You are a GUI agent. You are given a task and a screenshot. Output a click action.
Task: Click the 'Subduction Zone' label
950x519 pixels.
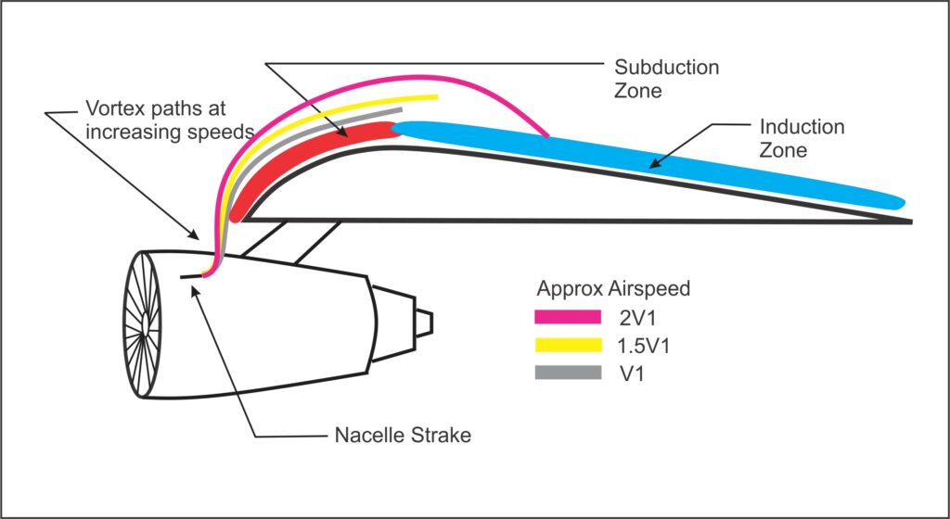pyautogui.click(x=667, y=81)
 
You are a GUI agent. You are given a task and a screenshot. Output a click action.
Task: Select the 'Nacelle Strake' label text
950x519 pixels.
pyautogui.click(x=402, y=435)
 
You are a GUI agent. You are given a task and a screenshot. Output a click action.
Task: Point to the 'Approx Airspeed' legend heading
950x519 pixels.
pyautogui.click(x=613, y=288)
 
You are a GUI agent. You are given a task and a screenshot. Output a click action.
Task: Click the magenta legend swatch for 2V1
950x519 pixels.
pyautogui.click(x=567, y=318)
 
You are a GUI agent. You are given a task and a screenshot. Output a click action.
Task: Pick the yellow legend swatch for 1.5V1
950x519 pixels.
pyautogui.click(x=567, y=346)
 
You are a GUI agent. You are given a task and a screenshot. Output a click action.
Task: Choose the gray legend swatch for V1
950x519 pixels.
pyautogui.click(x=567, y=373)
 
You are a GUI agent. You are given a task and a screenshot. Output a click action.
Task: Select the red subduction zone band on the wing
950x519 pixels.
pyautogui.click(x=306, y=158)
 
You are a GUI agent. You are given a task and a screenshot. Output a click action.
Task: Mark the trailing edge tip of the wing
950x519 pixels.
pyautogui.click(x=910, y=222)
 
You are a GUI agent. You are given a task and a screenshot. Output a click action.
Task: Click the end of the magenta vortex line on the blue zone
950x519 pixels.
pyautogui.click(x=547, y=137)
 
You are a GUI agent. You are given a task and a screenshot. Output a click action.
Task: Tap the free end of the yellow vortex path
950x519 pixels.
pyautogui.click(x=436, y=96)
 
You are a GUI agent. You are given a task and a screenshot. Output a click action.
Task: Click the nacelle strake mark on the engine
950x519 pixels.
pyautogui.click(x=192, y=275)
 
